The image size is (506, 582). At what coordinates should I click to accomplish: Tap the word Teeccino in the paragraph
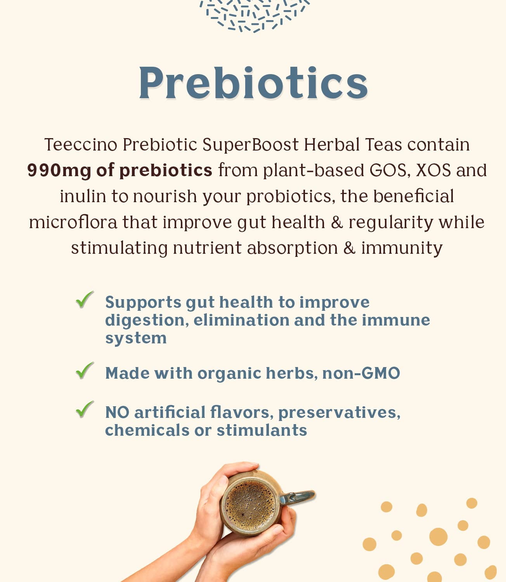(x=81, y=144)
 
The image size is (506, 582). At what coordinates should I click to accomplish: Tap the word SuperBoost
(x=251, y=144)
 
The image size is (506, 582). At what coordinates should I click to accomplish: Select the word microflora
(x=73, y=222)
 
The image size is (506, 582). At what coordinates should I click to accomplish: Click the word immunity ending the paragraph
(x=402, y=248)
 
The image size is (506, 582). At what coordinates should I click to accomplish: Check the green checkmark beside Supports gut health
(x=85, y=300)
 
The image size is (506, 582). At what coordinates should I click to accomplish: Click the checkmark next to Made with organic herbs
(x=85, y=371)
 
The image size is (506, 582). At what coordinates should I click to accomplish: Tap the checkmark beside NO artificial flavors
(x=85, y=410)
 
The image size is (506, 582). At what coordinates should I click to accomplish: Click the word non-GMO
(x=361, y=373)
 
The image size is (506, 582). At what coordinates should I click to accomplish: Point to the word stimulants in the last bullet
(x=262, y=430)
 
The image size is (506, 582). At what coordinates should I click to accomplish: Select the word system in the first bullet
(x=136, y=338)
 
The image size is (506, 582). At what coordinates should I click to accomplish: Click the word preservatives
(x=339, y=413)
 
